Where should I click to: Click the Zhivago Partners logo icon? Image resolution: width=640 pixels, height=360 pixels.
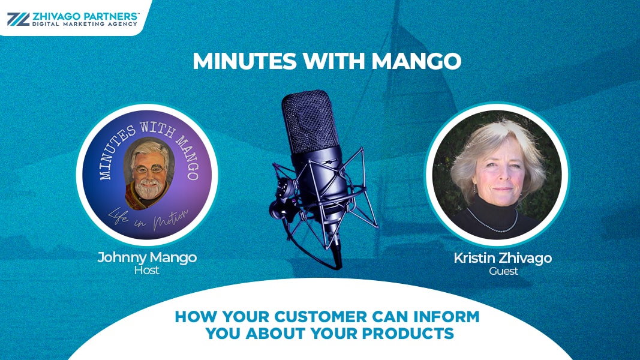click(x=19, y=19)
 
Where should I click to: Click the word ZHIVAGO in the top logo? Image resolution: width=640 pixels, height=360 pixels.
click(x=56, y=16)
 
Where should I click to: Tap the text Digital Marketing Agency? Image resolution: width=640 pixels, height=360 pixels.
click(x=85, y=24)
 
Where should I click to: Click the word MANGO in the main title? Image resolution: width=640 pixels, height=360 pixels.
click(x=416, y=61)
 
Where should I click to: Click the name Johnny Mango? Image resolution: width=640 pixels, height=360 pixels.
click(x=147, y=257)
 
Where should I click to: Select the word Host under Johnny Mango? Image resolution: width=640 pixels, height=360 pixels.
click(x=146, y=270)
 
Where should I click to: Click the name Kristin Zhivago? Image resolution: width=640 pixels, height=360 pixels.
click(x=503, y=258)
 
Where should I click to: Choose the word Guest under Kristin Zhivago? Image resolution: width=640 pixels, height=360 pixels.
click(x=503, y=271)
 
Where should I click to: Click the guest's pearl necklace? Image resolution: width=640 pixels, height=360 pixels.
click(x=492, y=223)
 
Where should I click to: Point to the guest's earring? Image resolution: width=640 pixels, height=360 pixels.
click(x=474, y=188)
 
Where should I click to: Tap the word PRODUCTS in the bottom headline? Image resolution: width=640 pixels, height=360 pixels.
click(x=408, y=334)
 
